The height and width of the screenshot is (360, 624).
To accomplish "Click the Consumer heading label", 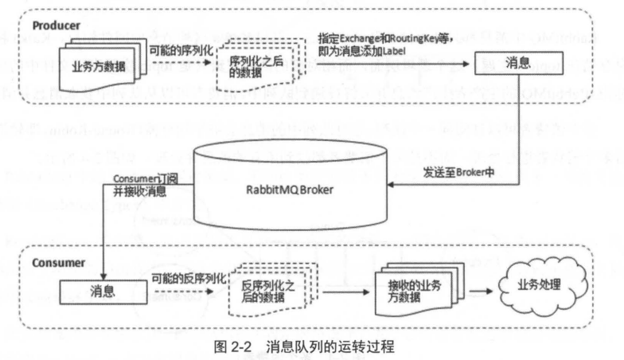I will tap(57, 262).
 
